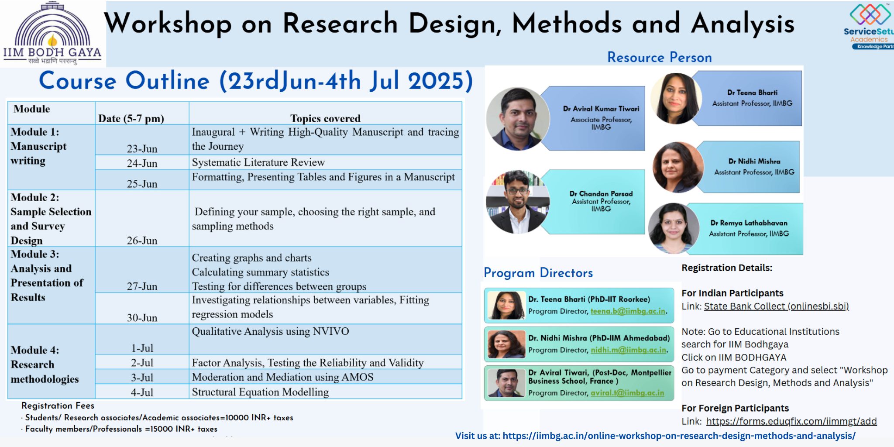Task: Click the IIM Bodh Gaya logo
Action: pyautogui.click(x=52, y=34)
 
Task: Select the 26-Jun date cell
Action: pyautogui.click(x=142, y=241)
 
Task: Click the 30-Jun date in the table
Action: pyautogui.click(x=142, y=318)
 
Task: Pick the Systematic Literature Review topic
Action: pyautogui.click(x=258, y=162)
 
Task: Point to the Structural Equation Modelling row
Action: pyautogui.click(x=260, y=392)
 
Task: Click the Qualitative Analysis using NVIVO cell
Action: pyautogui.click(x=271, y=331)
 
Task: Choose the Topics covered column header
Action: pyautogui.click(x=326, y=118)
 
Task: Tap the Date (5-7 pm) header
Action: pyautogui.click(x=131, y=118)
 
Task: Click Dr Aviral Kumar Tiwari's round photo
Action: pyautogui.click(x=518, y=119)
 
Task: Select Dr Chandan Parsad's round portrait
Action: pyautogui.click(x=518, y=202)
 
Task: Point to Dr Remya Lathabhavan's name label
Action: pyautogui.click(x=749, y=223)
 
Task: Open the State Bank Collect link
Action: pyautogui.click(x=776, y=306)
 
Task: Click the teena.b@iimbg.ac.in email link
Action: pyautogui.click(x=628, y=311)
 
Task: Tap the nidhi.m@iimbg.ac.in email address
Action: pyautogui.click(x=629, y=350)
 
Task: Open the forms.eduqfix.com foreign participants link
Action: pyautogui.click(x=791, y=421)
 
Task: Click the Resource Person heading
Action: pyautogui.click(x=660, y=57)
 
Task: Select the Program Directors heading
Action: pyautogui.click(x=538, y=273)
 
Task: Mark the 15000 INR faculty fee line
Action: pyautogui.click(x=121, y=429)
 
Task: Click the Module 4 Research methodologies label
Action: pyautogui.click(x=45, y=364)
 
